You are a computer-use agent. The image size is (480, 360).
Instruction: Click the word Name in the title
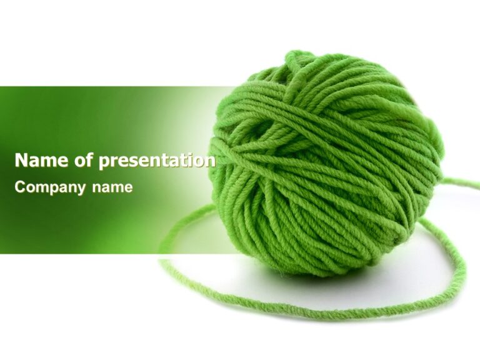(x=42, y=161)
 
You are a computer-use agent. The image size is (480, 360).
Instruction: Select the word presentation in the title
(x=157, y=161)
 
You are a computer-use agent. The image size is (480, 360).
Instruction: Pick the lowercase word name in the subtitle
(x=112, y=187)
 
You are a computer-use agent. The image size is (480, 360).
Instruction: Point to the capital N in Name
(x=22, y=161)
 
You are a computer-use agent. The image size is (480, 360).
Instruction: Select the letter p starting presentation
(x=104, y=162)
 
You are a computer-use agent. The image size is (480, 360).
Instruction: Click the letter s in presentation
(x=133, y=161)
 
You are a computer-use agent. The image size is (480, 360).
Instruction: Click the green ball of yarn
(x=325, y=162)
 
